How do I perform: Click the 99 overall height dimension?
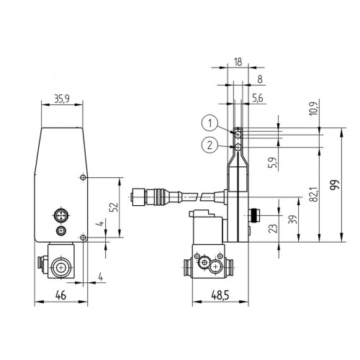333,186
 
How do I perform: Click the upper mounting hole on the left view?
84,178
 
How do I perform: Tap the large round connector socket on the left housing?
60,214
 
